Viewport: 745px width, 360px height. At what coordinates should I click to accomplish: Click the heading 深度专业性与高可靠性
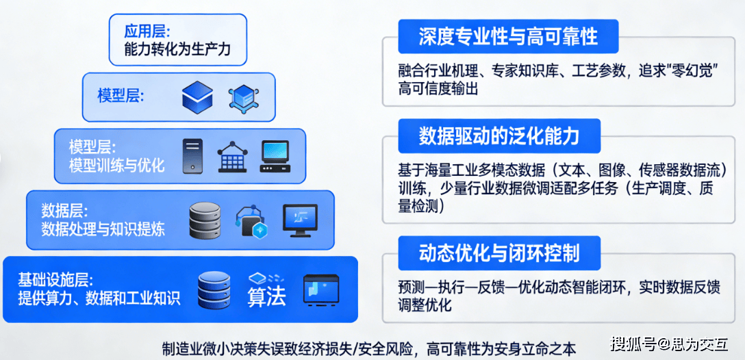coord(508,36)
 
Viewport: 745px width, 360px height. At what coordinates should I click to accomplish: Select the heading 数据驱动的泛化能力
coord(499,136)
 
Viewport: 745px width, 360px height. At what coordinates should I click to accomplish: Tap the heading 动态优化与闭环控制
coord(499,253)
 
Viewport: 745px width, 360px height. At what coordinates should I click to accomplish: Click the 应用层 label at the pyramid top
coord(147,31)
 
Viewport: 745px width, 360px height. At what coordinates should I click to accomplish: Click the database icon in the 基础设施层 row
coord(214,290)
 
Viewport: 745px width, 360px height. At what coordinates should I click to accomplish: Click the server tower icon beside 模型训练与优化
coord(192,156)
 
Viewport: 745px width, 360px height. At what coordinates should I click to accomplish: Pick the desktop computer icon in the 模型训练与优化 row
coord(275,156)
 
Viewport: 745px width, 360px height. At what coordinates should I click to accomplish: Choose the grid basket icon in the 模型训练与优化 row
coord(232,157)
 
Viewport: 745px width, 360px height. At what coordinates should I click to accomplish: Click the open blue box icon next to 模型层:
coord(198,97)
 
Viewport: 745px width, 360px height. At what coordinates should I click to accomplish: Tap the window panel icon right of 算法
coord(322,290)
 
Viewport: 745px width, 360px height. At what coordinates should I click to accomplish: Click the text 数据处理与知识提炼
coord(103,228)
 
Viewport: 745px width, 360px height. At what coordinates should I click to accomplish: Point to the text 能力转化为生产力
coord(175,50)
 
